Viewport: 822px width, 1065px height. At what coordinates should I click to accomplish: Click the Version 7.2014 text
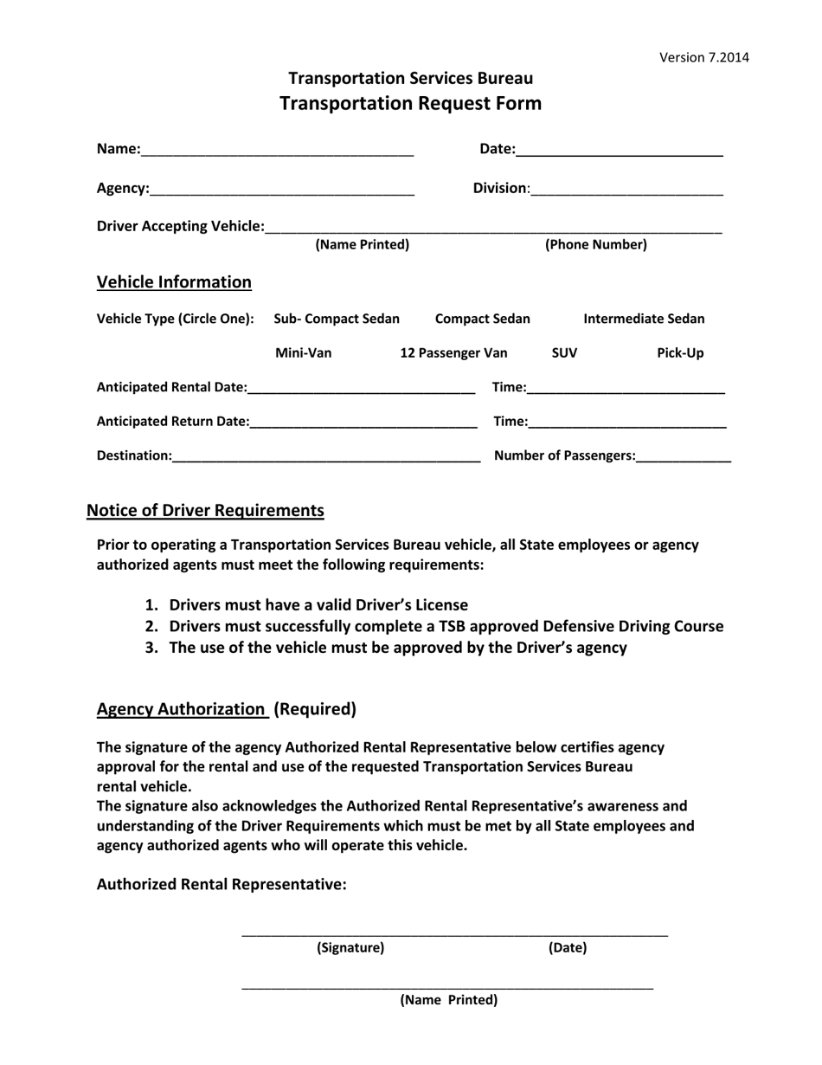(703, 58)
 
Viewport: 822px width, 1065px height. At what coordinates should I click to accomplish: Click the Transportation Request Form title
(411, 104)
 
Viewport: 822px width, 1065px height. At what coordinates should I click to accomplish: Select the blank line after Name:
(277, 152)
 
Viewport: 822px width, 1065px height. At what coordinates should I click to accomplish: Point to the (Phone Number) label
(595, 245)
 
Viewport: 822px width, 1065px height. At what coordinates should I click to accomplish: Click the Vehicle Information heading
(174, 282)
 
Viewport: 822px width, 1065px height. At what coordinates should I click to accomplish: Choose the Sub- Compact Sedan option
(337, 319)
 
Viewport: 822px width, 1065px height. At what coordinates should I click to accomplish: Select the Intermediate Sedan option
(644, 319)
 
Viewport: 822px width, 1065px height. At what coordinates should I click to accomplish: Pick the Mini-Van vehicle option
(303, 353)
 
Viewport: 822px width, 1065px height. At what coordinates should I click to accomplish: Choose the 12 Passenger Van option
(453, 353)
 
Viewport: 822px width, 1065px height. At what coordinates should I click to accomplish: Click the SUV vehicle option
(564, 353)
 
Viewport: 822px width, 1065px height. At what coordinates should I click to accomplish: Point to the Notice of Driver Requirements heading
(205, 510)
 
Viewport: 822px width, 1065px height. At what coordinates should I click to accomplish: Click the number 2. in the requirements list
(151, 626)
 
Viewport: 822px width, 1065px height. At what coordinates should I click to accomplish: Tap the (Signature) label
(350, 948)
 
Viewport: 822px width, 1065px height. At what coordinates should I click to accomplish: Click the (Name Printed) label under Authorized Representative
(448, 1001)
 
